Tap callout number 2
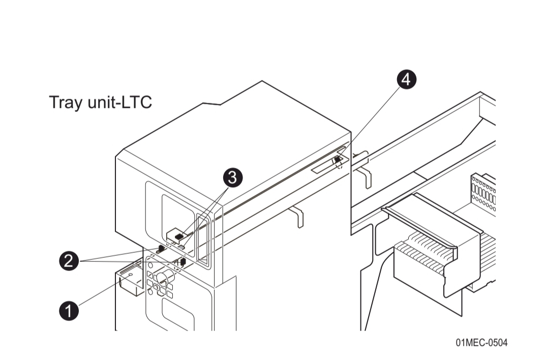69,261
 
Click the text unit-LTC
119,102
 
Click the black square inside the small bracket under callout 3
179,236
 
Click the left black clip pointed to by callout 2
161,248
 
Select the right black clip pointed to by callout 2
182,262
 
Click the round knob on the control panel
164,278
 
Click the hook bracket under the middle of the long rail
299,216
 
